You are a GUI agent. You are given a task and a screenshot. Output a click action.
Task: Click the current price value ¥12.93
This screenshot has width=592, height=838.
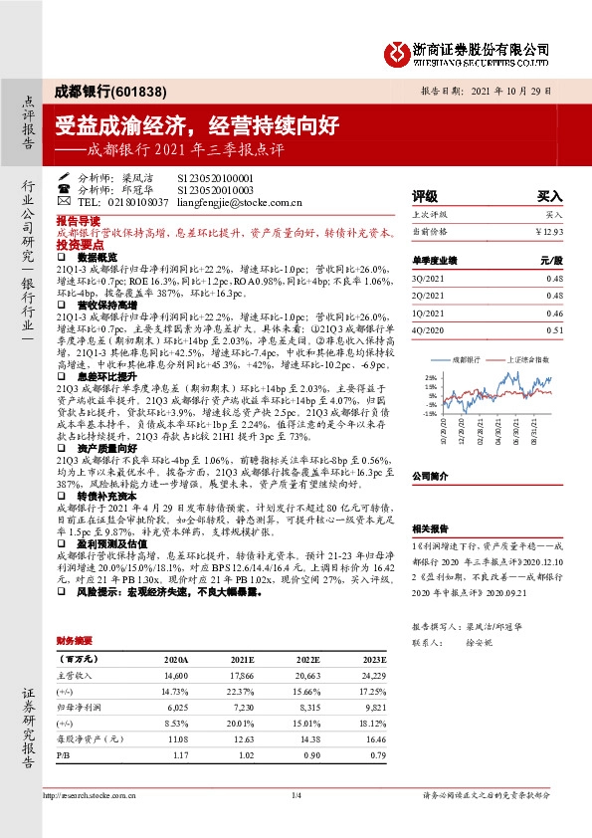click(548, 231)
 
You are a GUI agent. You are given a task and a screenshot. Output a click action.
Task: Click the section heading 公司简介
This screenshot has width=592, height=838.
click(431, 477)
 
